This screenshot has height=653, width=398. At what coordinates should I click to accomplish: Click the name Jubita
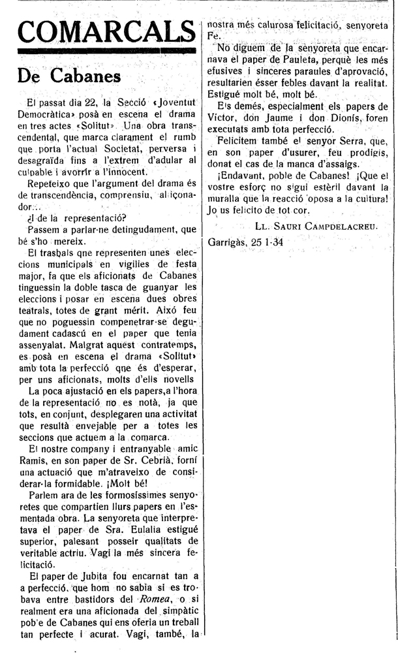[x=93, y=576]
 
